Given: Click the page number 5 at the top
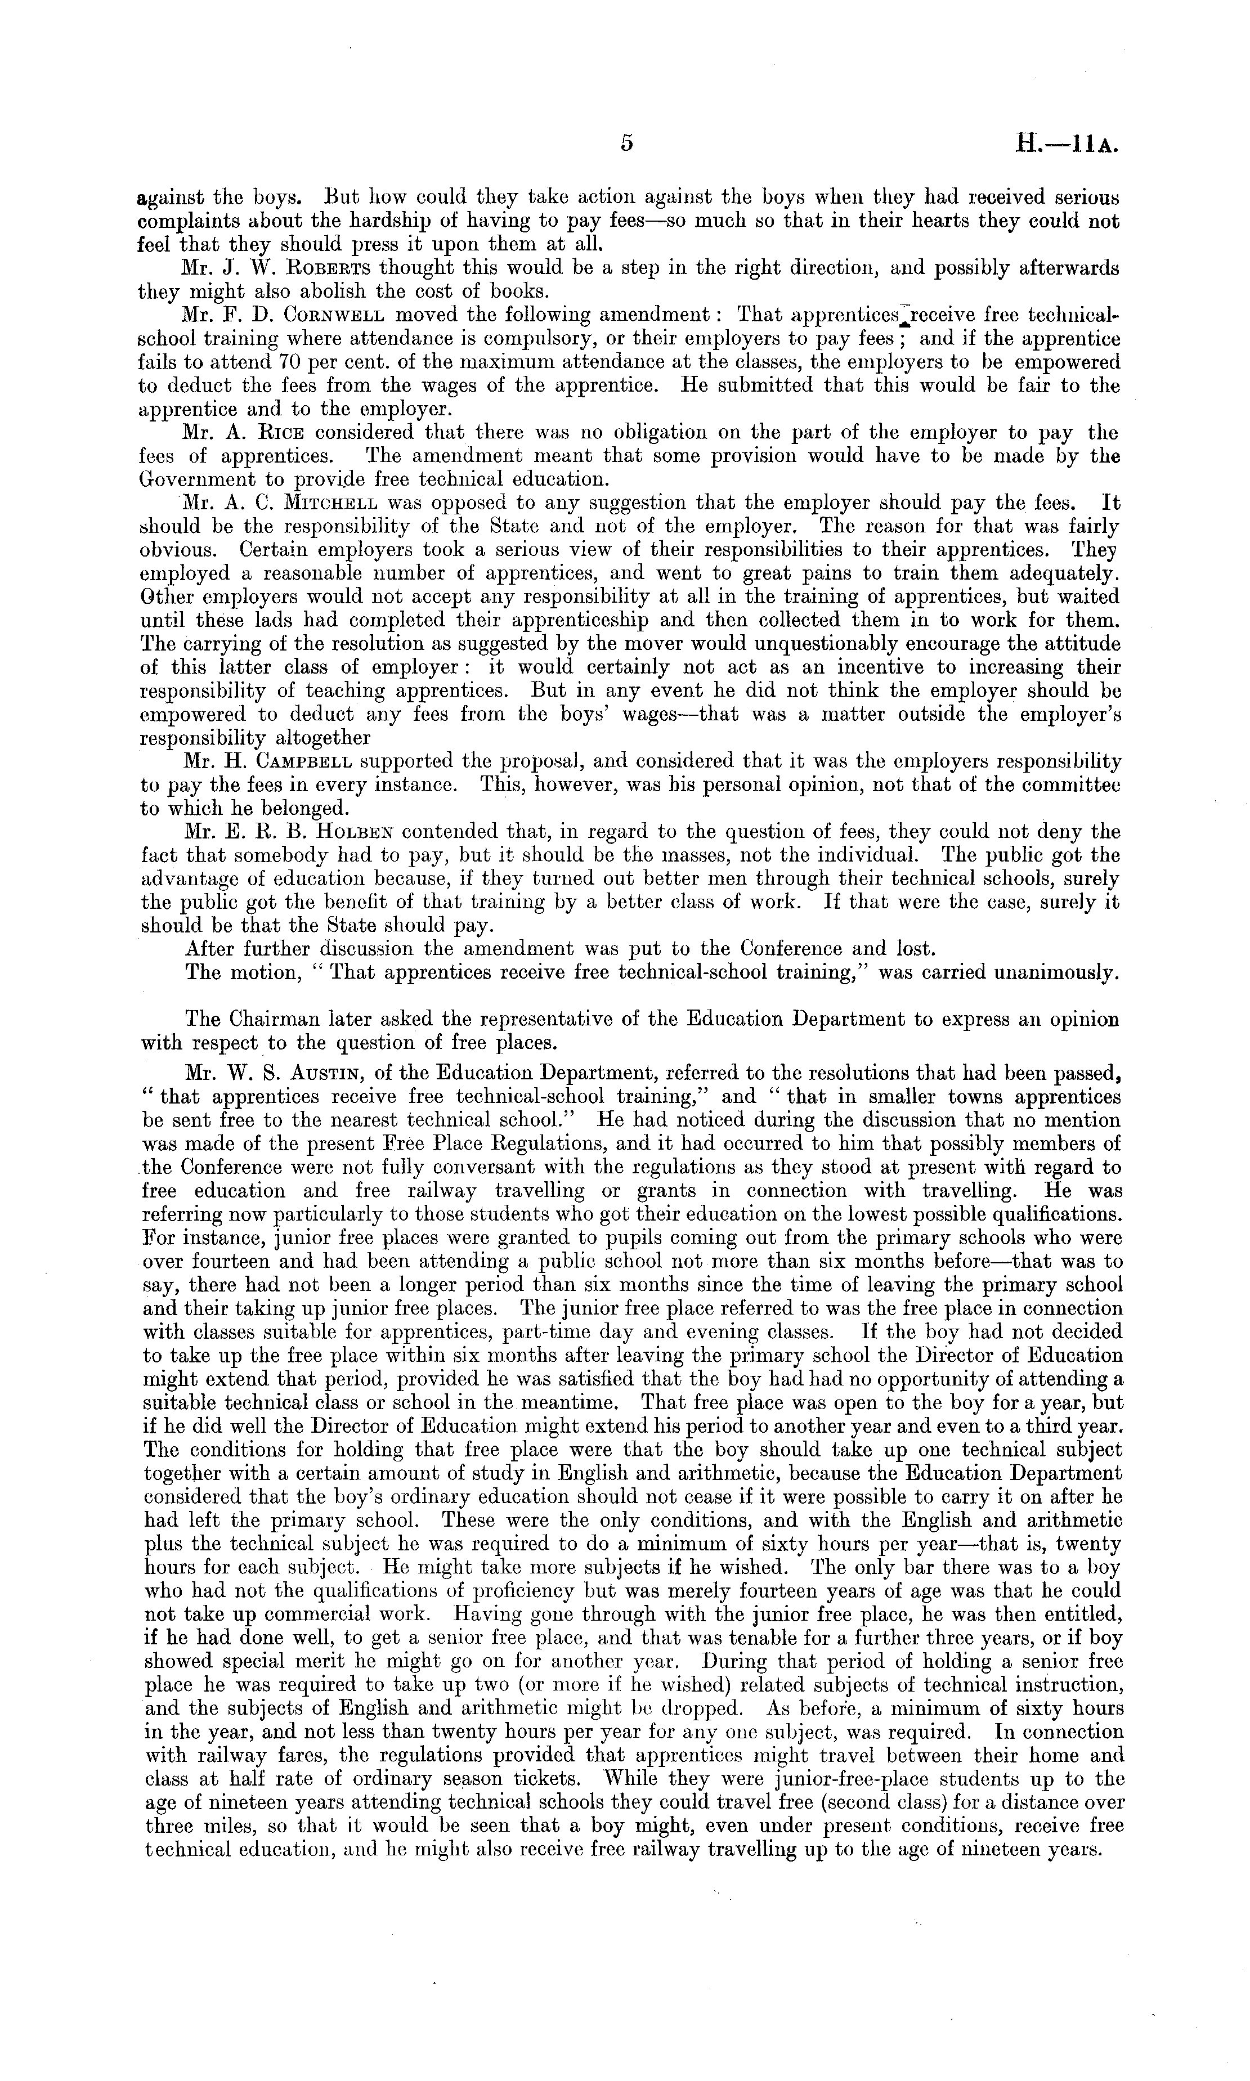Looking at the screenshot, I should [626, 143].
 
